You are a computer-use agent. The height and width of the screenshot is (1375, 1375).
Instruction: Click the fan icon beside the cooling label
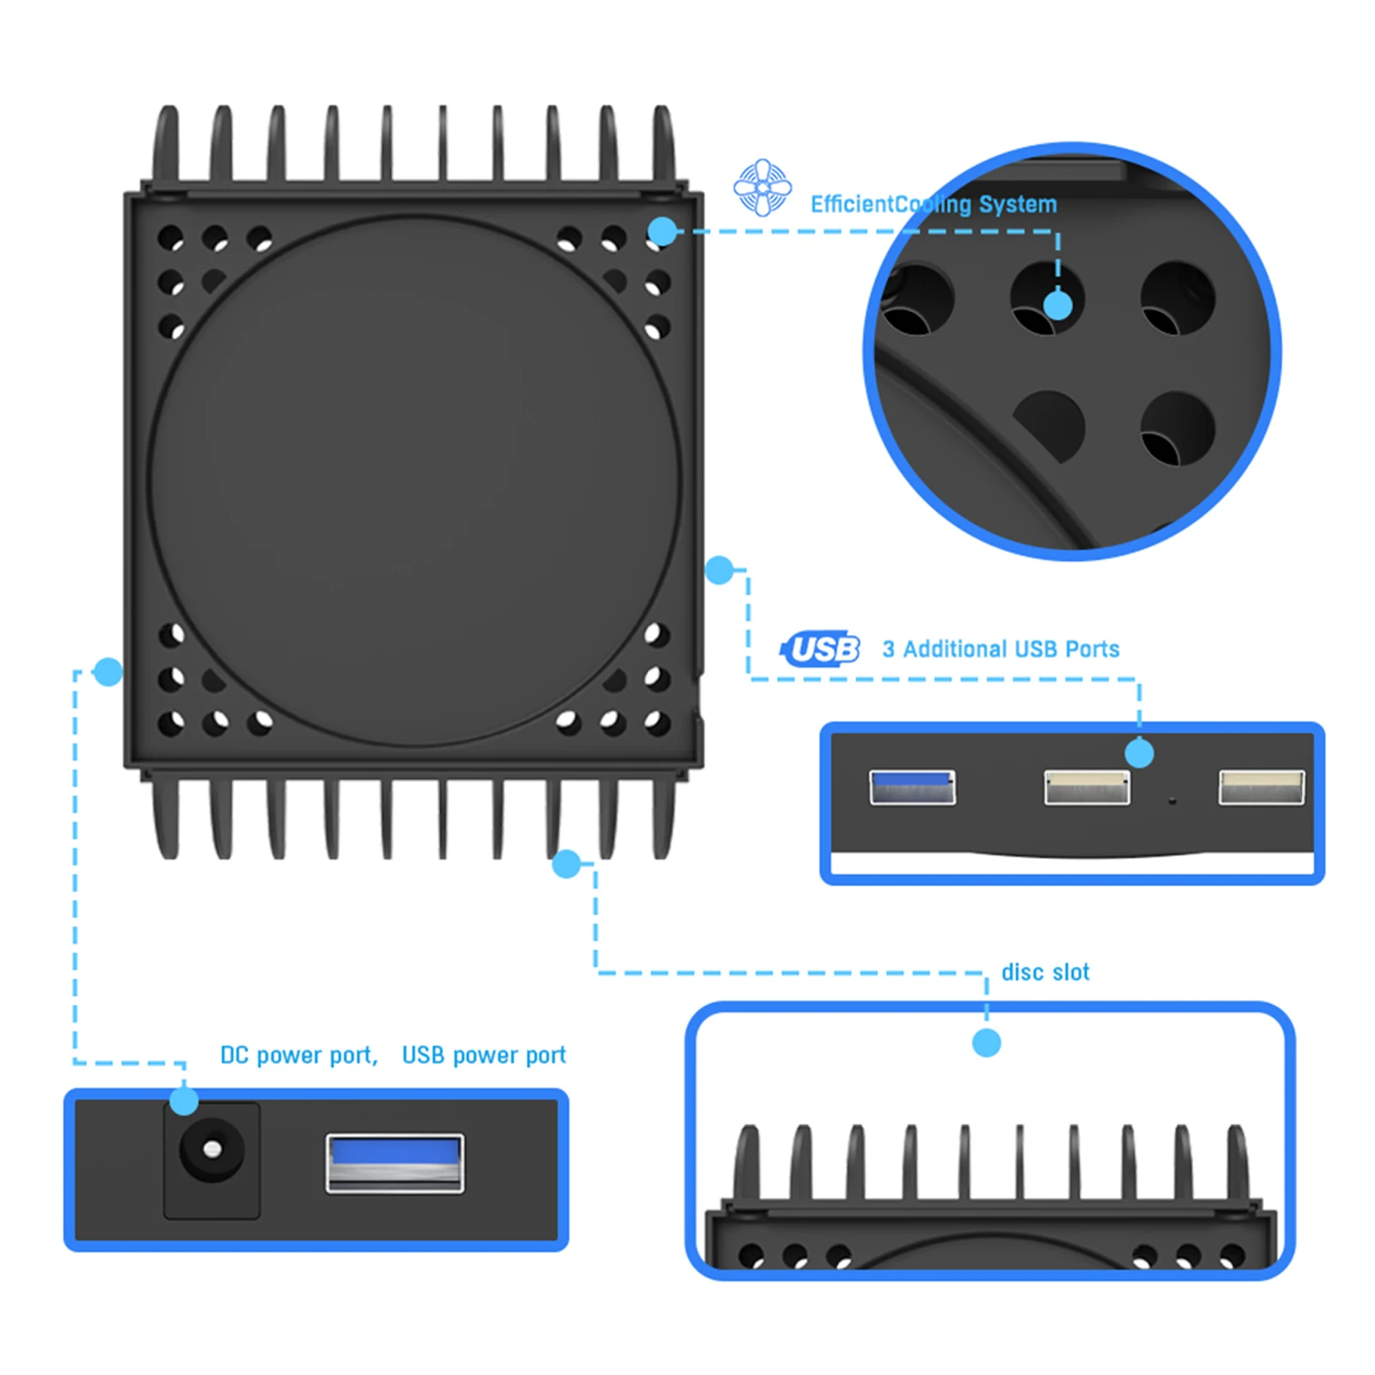[x=763, y=187]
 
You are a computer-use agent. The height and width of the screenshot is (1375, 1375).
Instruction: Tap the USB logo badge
[x=822, y=649]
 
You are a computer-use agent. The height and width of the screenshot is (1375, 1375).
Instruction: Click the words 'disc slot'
[x=1045, y=972]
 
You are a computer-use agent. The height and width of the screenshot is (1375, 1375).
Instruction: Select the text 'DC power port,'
[x=299, y=1055]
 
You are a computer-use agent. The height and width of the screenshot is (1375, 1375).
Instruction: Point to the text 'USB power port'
[x=484, y=1055]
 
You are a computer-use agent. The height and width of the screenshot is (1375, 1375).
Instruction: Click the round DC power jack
[x=211, y=1150]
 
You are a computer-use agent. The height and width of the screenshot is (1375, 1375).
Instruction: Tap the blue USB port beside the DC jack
[x=395, y=1163]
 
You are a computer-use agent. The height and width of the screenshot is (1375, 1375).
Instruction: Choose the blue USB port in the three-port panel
[x=912, y=787]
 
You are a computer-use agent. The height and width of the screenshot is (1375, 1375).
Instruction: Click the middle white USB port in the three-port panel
[x=1086, y=787]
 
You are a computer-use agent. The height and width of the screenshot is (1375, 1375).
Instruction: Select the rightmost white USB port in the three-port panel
[x=1261, y=787]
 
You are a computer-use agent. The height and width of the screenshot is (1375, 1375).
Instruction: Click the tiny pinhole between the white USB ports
[x=1172, y=801]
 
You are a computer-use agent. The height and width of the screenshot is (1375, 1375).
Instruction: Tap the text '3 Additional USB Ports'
[x=1001, y=649]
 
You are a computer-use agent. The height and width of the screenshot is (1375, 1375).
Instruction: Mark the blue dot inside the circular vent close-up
[x=1057, y=305]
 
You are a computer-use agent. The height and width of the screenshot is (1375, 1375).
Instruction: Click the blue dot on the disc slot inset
[x=987, y=1043]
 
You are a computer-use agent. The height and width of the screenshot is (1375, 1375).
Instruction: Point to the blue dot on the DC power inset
[x=184, y=1100]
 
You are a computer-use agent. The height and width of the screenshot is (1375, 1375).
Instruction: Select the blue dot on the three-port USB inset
[x=1140, y=753]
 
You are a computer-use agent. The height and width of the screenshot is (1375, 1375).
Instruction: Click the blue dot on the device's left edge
[x=108, y=672]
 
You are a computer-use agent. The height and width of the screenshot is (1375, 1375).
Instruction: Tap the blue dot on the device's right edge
[x=719, y=569]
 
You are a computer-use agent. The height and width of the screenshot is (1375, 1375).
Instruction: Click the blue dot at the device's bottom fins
[x=567, y=864]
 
